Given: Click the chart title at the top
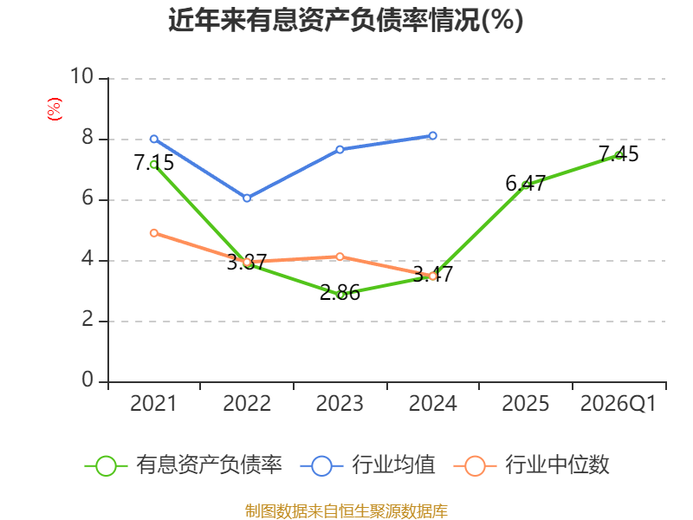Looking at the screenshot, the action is [x=346, y=20].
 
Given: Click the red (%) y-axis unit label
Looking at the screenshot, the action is [x=55, y=109].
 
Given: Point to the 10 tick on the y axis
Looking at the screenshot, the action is [x=82, y=76].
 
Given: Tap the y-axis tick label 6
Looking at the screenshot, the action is [x=87, y=198].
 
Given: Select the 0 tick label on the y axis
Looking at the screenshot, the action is [x=87, y=380].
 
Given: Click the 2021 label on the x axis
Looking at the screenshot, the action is [x=153, y=404].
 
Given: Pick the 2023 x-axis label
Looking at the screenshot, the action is [x=340, y=404].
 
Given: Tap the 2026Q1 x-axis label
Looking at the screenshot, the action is [x=619, y=404].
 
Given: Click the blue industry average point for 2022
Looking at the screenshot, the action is [x=247, y=198].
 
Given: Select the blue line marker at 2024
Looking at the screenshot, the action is [x=432, y=136].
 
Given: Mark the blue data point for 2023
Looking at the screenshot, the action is [x=340, y=149].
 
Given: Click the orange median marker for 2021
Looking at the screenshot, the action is [x=154, y=233].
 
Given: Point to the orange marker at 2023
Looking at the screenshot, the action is [x=340, y=257].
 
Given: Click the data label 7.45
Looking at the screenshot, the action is [x=619, y=154].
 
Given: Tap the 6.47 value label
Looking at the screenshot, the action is [x=526, y=184].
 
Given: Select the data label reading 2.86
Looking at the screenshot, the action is [x=340, y=293].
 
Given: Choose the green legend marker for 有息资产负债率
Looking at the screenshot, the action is [x=106, y=466].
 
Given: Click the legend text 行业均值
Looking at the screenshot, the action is [x=393, y=465].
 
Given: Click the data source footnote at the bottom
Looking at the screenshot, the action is [x=346, y=511].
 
